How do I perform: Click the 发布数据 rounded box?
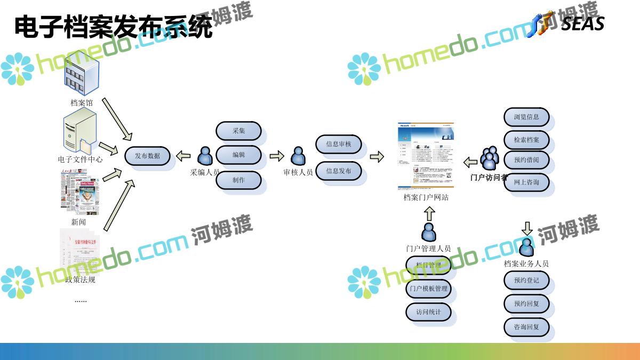tap(148, 156)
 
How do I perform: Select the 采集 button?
tap(238, 131)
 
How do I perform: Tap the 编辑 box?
tap(238, 155)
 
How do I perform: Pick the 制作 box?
tap(238, 180)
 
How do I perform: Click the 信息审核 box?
tap(339, 144)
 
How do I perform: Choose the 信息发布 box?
tap(339, 171)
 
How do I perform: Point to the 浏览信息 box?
tap(526, 117)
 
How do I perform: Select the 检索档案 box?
tap(526, 140)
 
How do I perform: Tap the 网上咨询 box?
tap(526, 182)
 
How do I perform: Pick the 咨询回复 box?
tap(526, 327)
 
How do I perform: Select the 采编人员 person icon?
tap(205, 156)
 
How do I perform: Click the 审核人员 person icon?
tap(298, 156)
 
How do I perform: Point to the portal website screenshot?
tap(426, 156)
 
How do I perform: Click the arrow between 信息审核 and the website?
tap(377, 157)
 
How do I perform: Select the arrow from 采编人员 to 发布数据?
tap(183, 156)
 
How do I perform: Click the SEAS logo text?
tap(582, 24)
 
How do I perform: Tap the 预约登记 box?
tap(526, 281)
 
